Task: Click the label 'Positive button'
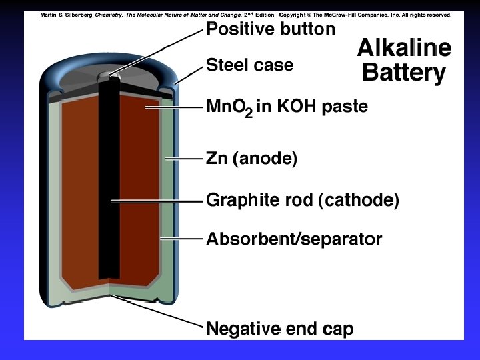[271, 29]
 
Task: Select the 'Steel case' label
[249, 65]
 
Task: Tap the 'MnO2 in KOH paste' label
[287, 107]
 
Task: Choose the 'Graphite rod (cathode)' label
[303, 200]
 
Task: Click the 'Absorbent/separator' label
[294, 239]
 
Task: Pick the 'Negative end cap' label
[280, 329]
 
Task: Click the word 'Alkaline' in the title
[404, 47]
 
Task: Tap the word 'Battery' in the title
[404, 72]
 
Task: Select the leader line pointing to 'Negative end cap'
[160, 312]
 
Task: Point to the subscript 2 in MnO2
[248, 114]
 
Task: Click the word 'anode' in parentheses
[265, 159]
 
